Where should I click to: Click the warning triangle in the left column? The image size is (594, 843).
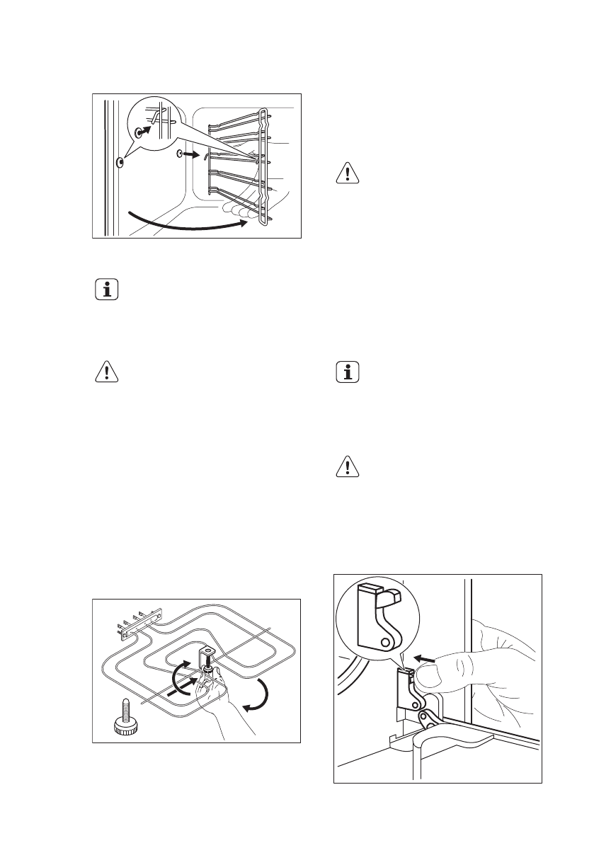click(x=106, y=373)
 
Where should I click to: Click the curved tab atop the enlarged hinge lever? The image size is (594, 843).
click(x=389, y=600)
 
